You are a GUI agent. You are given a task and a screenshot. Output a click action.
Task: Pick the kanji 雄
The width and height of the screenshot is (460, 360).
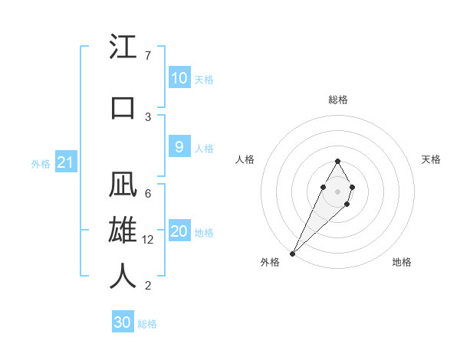[x=123, y=231]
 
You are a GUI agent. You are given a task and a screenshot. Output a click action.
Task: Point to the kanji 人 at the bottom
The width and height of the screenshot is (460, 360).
[x=123, y=277]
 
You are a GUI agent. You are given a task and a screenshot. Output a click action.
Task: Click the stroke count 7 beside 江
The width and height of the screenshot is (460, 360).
[x=148, y=56]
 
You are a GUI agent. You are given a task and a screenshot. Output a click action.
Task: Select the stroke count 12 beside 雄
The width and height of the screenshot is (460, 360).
[x=149, y=240]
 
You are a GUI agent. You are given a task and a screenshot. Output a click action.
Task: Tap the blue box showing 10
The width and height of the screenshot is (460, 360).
[x=179, y=78]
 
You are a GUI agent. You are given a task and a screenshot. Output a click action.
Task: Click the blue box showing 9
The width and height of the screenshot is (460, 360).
[x=179, y=148]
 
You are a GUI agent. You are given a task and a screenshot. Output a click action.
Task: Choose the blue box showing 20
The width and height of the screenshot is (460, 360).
[x=179, y=232]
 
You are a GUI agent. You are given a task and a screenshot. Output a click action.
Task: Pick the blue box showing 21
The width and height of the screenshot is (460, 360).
[x=66, y=162]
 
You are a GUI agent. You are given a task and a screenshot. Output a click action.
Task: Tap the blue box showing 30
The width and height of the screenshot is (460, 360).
[x=122, y=322]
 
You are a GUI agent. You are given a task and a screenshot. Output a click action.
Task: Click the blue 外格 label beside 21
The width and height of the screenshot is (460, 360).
[x=41, y=163]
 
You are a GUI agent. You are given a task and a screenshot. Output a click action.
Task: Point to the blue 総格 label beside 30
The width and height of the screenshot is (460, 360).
[x=147, y=324]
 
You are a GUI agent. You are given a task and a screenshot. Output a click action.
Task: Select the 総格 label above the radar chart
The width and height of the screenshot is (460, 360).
[x=338, y=100]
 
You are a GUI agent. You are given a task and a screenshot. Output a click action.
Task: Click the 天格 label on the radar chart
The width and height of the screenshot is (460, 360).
[x=431, y=159]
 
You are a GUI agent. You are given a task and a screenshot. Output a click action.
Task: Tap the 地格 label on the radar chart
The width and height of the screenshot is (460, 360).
[x=402, y=262]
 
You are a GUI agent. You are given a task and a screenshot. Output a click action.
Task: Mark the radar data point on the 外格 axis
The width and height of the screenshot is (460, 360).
[x=293, y=253]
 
